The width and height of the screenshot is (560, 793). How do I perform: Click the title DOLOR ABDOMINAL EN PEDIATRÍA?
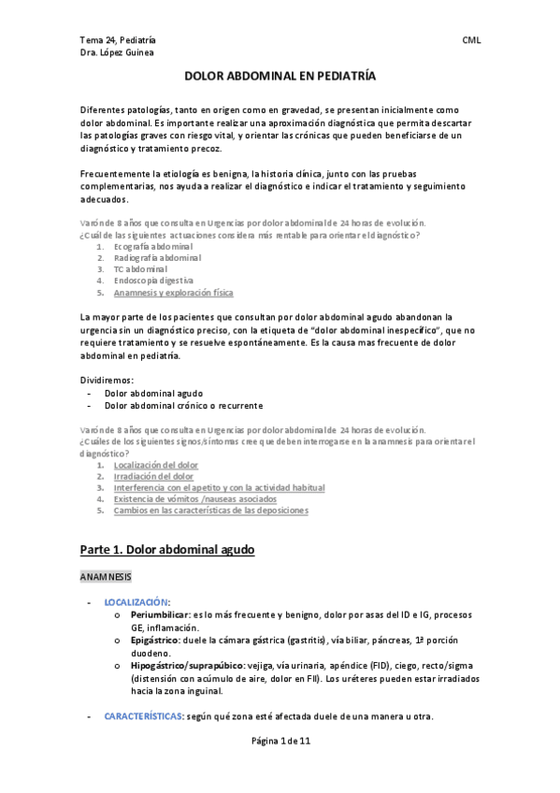click(280, 81)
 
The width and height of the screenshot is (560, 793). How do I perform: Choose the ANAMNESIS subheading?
click(106, 577)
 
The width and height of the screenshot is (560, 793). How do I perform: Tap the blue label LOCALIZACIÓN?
click(144, 602)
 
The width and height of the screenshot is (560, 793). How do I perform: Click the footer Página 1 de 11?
click(280, 767)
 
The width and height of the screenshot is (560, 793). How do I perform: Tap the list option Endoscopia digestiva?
click(153, 281)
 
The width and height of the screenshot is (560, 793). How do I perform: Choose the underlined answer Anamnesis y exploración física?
click(174, 293)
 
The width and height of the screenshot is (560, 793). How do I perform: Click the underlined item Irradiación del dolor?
click(154, 476)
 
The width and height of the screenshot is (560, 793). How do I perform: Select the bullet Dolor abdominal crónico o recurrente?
click(183, 406)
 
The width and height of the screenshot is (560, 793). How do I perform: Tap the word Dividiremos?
click(107, 381)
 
